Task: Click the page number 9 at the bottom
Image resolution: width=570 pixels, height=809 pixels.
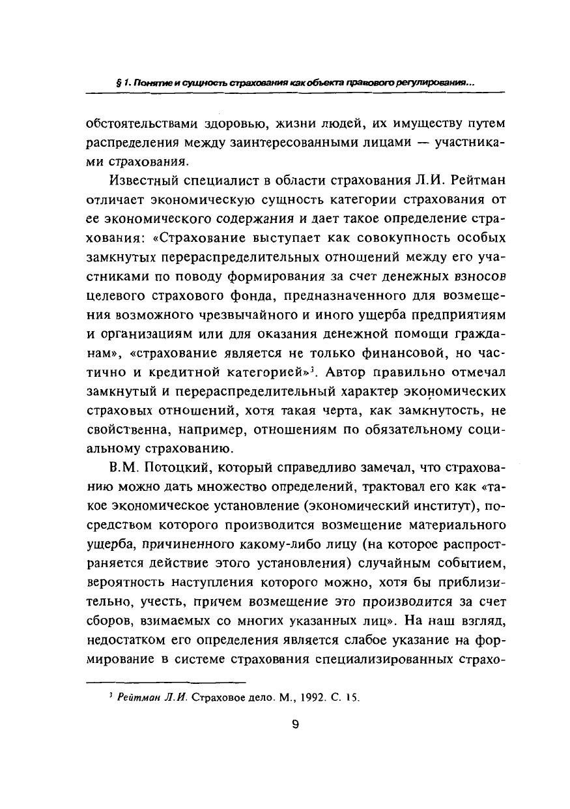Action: (x=295, y=725)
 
